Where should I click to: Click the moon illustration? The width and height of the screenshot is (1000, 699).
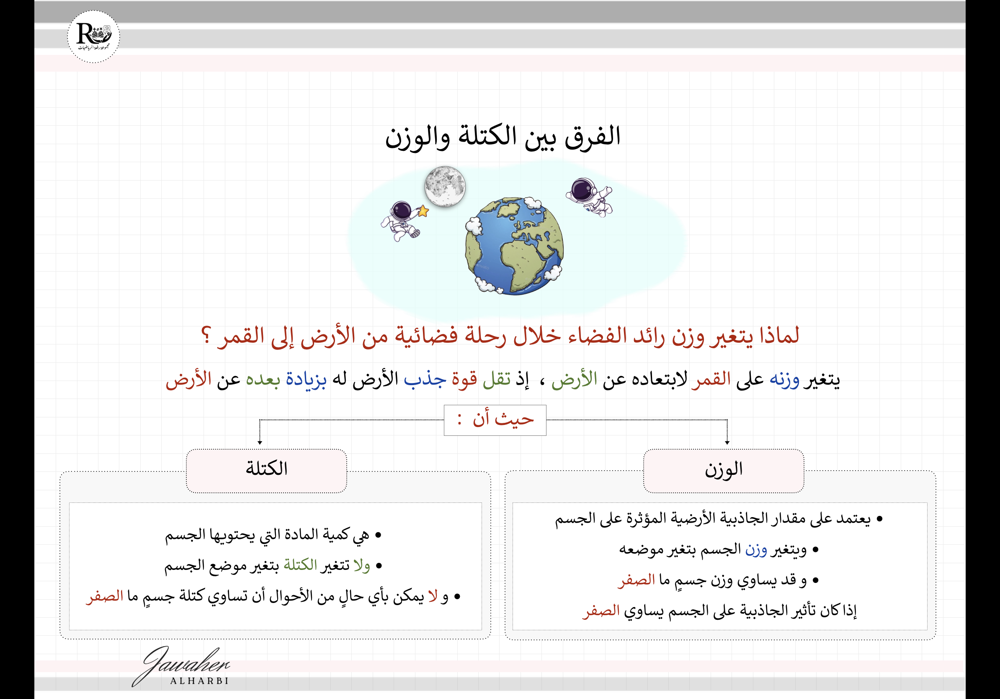(x=445, y=186)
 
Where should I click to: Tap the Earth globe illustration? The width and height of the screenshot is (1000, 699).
(x=514, y=246)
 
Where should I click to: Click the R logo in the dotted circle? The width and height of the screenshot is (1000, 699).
(x=93, y=36)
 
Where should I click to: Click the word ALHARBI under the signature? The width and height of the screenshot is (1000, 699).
(x=199, y=681)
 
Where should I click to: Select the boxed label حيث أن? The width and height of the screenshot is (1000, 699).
(x=495, y=420)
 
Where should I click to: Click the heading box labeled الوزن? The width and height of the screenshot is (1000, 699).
(x=724, y=471)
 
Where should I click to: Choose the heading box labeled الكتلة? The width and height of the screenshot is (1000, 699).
(x=267, y=471)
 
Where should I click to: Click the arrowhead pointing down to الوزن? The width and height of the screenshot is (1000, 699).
(x=727, y=442)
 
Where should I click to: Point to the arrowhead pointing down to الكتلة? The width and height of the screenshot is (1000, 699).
(x=260, y=442)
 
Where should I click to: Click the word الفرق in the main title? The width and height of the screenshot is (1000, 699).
(x=592, y=137)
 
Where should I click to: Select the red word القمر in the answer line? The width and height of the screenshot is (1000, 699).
(x=711, y=380)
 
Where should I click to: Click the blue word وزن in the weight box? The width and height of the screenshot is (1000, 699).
(x=756, y=549)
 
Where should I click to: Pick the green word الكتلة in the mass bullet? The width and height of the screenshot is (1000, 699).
(x=300, y=565)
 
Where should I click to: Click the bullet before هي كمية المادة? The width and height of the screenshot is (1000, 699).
(x=378, y=535)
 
